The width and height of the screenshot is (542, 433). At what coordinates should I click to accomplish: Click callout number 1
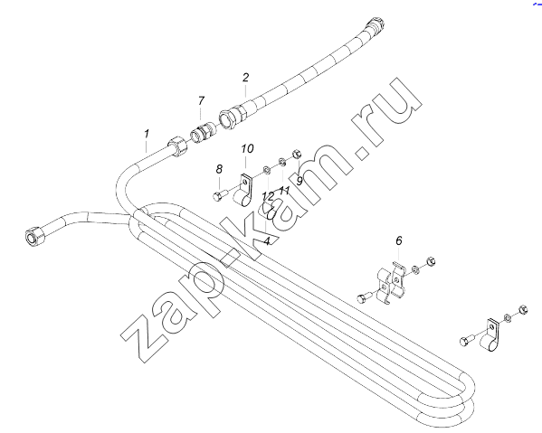147,134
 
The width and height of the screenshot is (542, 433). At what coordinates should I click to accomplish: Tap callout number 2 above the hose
245,78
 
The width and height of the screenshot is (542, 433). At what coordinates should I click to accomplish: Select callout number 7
201,101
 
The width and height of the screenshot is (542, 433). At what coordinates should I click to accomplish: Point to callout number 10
247,149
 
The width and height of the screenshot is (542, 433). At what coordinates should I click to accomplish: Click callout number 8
219,169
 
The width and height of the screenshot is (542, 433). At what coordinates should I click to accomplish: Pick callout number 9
300,181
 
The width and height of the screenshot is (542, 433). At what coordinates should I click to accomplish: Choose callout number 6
399,240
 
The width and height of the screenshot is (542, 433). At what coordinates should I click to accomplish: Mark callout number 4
267,241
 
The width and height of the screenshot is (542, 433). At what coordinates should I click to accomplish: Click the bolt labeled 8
219,195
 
